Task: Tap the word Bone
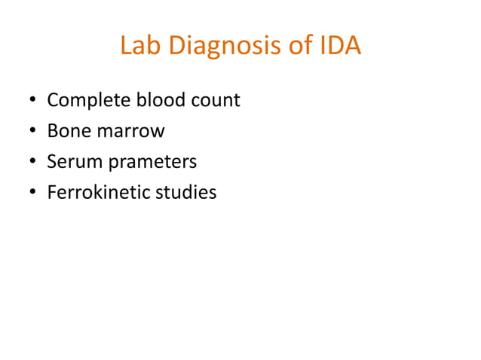[67, 131]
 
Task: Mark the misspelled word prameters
[151, 162]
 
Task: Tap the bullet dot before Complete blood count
[32, 101]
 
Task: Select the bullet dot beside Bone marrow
[32, 132]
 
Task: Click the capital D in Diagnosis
[176, 47]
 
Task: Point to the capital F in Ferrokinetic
[51, 193]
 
